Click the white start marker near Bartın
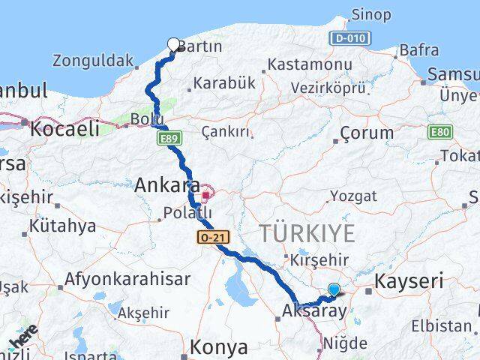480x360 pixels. [x=174, y=44]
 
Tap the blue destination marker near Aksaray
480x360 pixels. [x=334, y=289]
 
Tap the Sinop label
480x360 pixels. [x=370, y=14]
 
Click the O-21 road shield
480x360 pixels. [x=210, y=237]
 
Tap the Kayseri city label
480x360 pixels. [x=409, y=282]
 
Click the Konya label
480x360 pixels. [x=218, y=347]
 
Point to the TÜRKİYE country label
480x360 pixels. [x=307, y=234]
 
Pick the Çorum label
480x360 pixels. [x=366, y=133]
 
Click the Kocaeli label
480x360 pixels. [x=64, y=128]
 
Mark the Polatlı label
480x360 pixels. [x=187, y=214]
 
